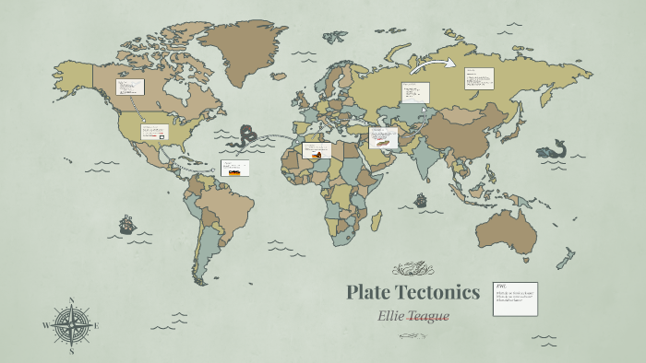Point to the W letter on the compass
click(x=46, y=325)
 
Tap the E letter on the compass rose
click(x=97, y=325)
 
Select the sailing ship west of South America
click(x=126, y=224)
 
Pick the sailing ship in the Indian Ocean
click(x=421, y=199)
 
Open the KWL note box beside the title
click(x=515, y=299)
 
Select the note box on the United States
click(x=154, y=132)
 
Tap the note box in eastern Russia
click(x=479, y=80)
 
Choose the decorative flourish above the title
click(x=413, y=270)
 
